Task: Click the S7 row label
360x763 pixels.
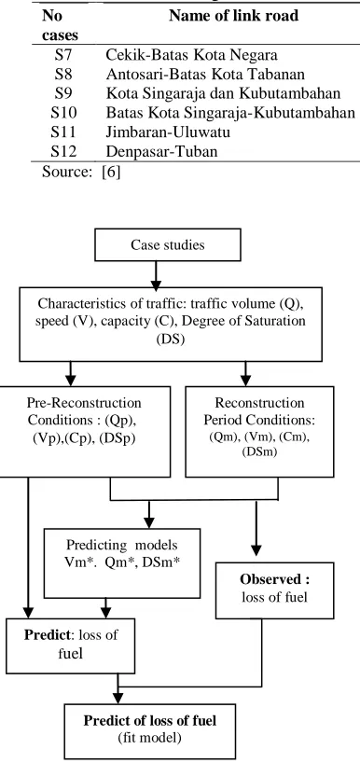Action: coord(63,54)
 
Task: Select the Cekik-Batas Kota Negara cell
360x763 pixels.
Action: coord(192,54)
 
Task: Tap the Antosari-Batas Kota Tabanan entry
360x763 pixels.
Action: coord(205,74)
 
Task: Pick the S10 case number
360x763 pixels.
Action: coord(63,113)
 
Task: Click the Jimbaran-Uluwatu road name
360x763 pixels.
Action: coord(168,132)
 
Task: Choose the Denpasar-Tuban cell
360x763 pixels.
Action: coord(161,151)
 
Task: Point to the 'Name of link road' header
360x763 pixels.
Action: coord(233,16)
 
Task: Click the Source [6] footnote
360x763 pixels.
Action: coord(81,172)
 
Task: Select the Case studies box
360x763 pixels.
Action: coord(167,244)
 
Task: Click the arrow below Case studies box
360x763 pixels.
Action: coord(156,274)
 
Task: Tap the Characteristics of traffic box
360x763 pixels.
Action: coord(171,324)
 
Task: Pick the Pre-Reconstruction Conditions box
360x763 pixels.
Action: coord(84,432)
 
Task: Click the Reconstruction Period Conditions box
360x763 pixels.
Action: coord(260,432)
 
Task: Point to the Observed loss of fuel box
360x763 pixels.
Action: coord(274,590)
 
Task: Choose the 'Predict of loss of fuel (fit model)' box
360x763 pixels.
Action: coord(150,731)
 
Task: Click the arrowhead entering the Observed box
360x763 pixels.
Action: coord(256,550)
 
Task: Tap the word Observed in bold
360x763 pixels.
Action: coord(275,579)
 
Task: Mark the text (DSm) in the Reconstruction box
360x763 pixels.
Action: coord(260,452)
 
